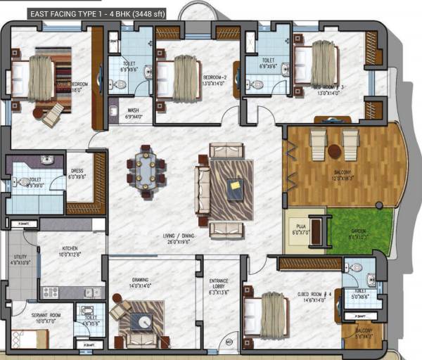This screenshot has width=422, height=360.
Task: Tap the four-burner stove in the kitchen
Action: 50,292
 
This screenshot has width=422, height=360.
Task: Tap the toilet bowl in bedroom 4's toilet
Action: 355,268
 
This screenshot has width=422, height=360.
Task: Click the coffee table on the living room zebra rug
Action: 234,187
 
